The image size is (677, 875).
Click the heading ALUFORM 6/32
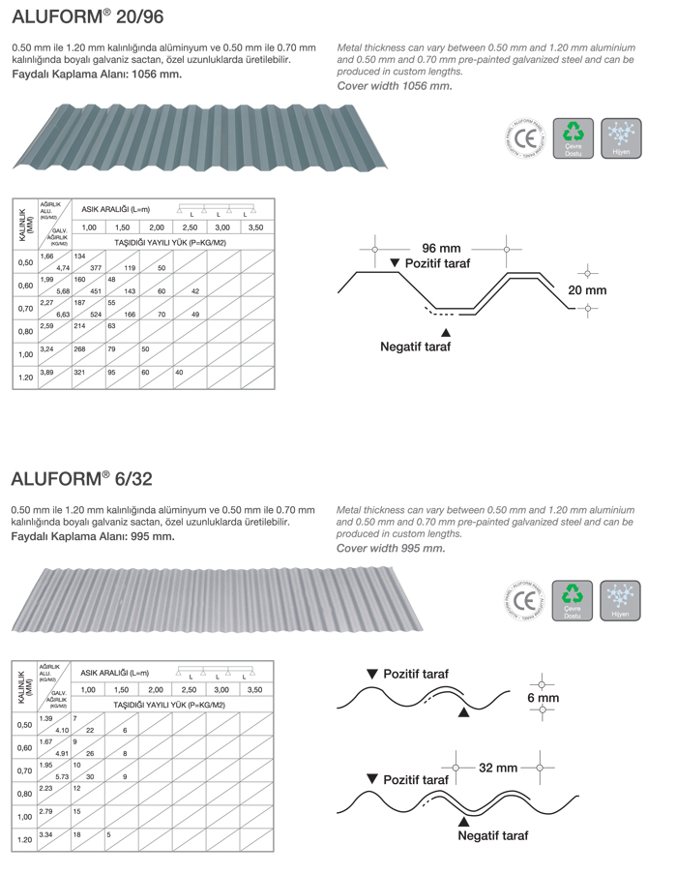coord(81,478)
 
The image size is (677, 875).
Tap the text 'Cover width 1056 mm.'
coord(394,86)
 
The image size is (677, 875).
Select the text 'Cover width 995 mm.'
coord(391,548)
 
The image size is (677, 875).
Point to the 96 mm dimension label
coord(441,248)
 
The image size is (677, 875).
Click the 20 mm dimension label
coord(587,290)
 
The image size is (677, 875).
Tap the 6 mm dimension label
coord(543,697)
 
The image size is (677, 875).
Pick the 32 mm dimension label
coord(498,768)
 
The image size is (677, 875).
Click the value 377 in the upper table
coord(96,268)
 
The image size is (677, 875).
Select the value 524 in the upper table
coord(96,315)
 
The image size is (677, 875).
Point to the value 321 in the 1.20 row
coord(80,372)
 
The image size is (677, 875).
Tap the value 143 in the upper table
coord(129,291)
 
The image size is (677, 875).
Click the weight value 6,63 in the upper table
coord(63,315)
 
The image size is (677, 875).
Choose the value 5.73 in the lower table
coord(62,776)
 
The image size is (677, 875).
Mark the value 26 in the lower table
coord(90,753)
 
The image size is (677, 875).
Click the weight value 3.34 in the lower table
coord(45,833)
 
